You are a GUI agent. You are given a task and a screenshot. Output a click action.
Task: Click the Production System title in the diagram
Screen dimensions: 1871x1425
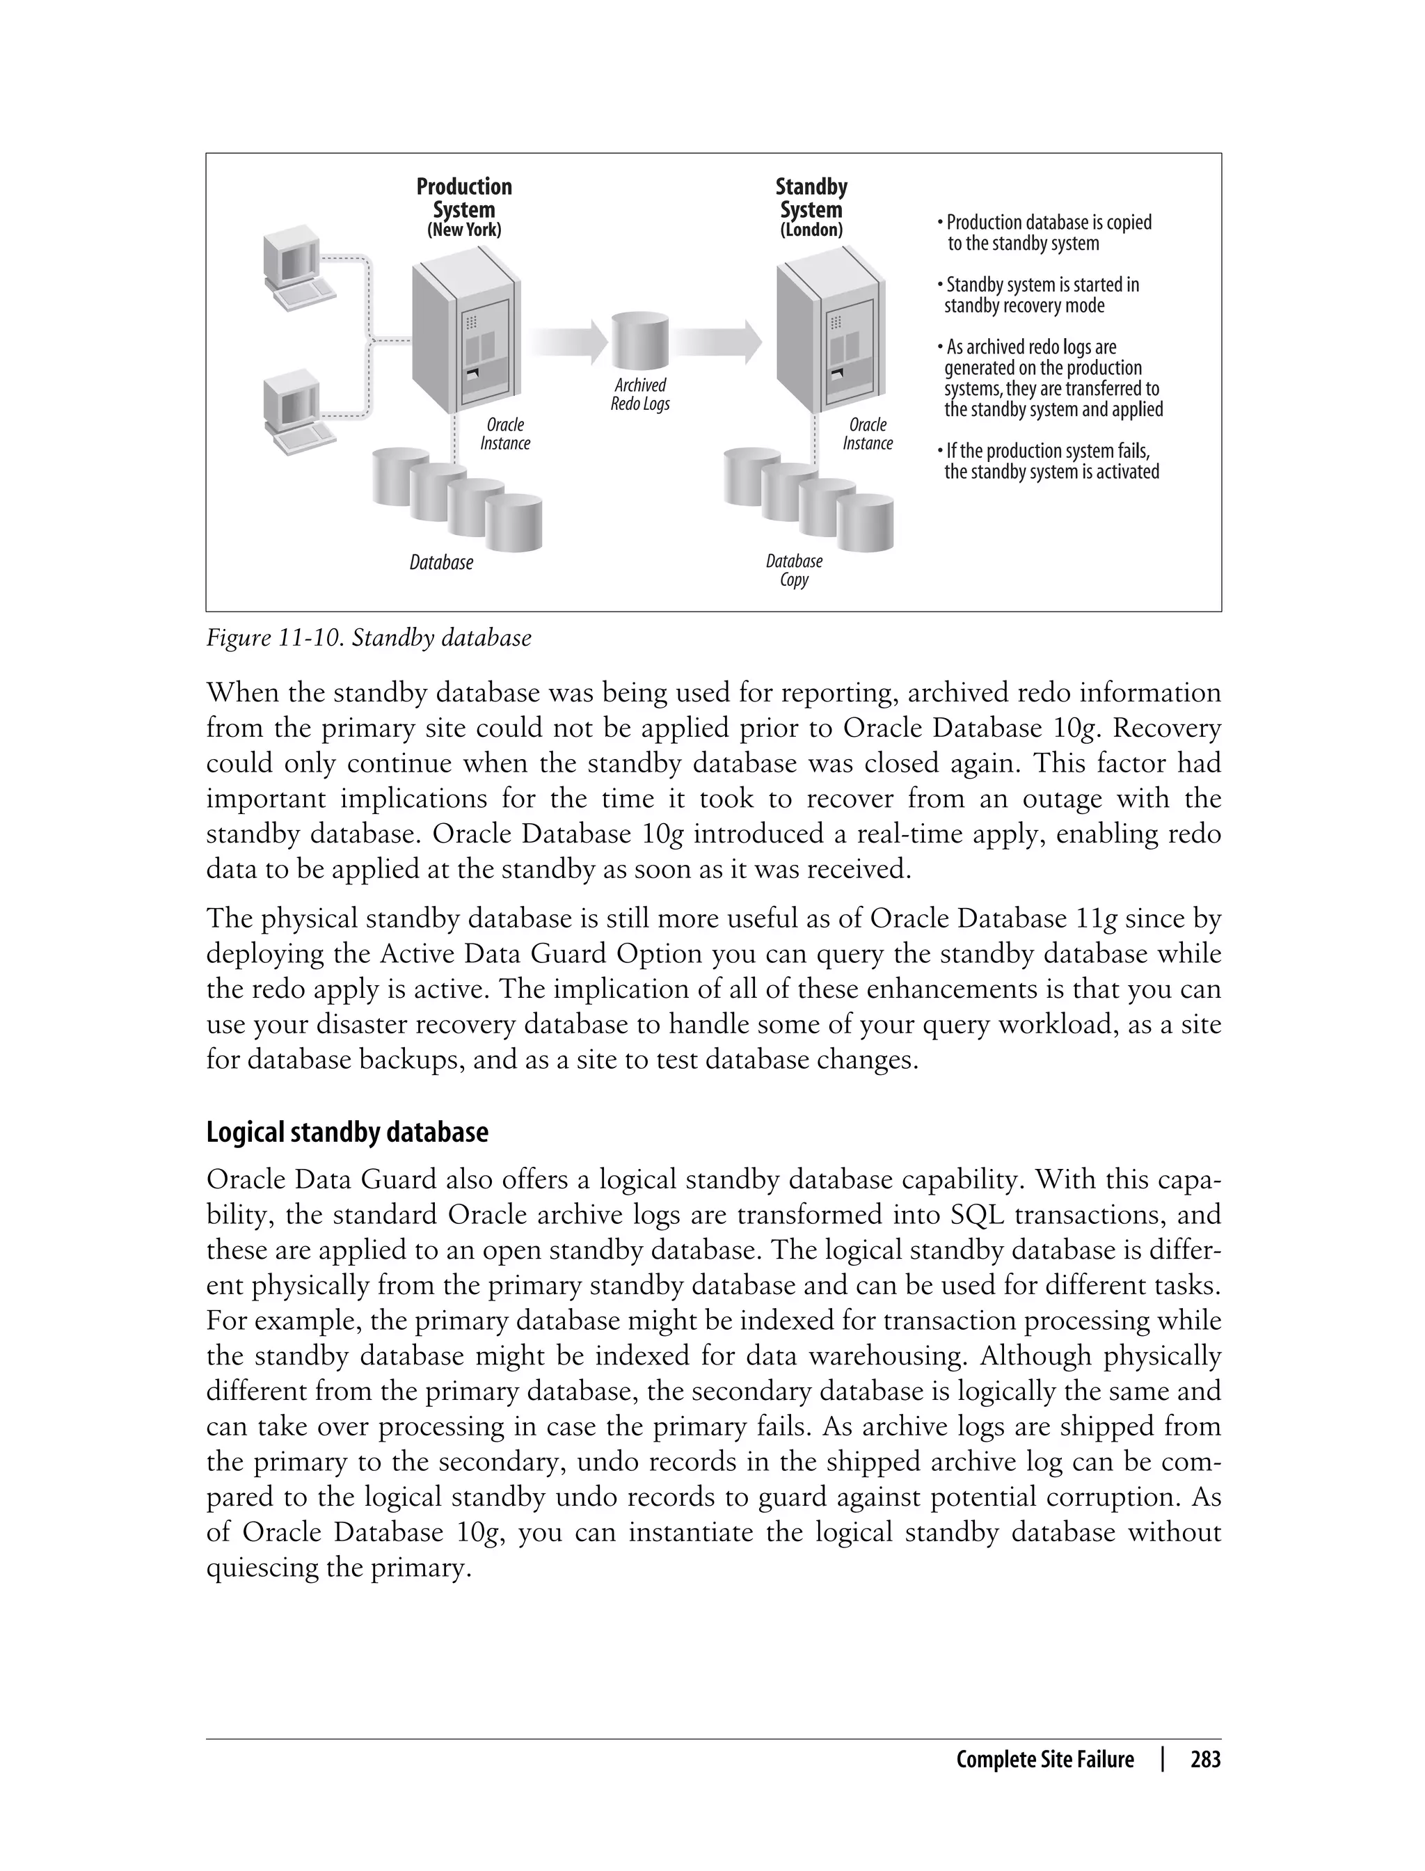click(464, 198)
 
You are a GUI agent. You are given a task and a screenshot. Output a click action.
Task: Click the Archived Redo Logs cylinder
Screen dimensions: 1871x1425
click(640, 341)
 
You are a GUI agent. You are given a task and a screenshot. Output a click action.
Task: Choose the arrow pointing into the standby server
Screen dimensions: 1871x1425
click(719, 342)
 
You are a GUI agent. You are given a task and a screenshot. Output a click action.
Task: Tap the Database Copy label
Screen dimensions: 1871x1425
click(794, 571)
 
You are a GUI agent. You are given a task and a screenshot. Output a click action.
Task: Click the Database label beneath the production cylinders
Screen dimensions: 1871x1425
click(441, 563)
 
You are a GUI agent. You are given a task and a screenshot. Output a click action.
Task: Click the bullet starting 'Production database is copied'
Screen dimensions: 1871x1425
click(1045, 233)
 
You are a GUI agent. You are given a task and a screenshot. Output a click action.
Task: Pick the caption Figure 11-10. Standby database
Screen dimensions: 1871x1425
click(369, 638)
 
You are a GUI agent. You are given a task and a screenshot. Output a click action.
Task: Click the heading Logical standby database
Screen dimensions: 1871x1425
click(347, 1133)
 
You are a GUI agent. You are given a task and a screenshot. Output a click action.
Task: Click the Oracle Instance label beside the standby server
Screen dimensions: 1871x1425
click(868, 434)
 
